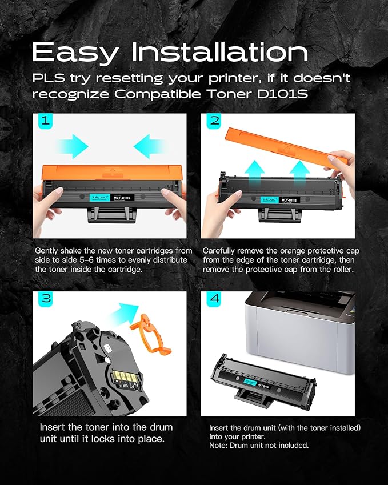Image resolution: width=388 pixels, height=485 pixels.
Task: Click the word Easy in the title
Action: (75, 53)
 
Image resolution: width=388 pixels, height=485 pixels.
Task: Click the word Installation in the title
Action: (219, 52)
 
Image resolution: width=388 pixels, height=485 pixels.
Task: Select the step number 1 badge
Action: (46, 121)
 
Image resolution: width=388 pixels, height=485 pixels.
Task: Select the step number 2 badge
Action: (214, 121)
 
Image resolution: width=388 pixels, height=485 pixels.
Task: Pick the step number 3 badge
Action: (46, 299)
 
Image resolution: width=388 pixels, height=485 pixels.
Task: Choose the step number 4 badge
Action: (214, 299)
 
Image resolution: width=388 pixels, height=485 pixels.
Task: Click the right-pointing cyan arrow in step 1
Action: (73, 146)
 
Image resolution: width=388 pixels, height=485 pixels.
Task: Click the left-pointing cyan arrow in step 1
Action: (150, 146)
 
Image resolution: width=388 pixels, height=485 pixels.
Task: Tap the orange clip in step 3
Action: (150, 335)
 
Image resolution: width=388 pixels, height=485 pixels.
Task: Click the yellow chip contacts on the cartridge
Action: (125, 376)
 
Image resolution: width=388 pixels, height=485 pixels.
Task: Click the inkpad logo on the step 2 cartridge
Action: (269, 200)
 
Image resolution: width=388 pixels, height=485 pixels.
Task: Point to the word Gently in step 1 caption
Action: (46, 251)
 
